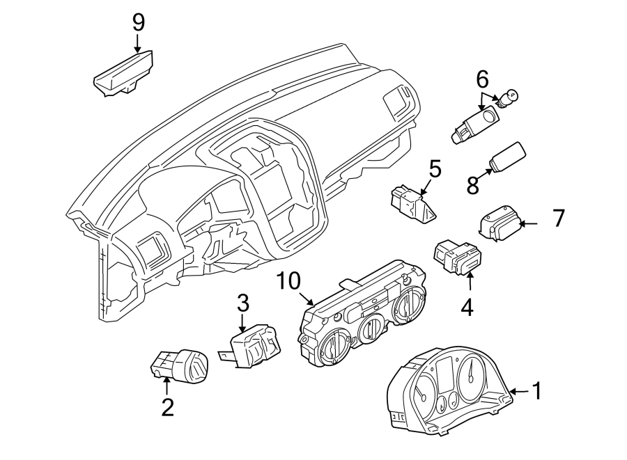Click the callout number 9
pos(138,22)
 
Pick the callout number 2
pos(167,406)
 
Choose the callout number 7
pos(557,219)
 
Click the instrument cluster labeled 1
pos(445,394)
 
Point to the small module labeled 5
pos(412,205)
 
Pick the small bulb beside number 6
pos(511,96)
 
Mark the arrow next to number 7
pos(530,223)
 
